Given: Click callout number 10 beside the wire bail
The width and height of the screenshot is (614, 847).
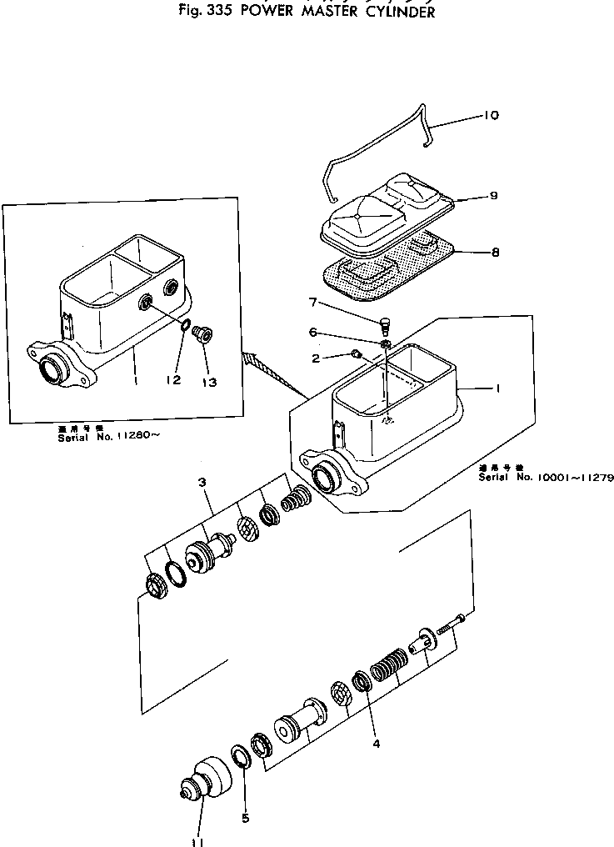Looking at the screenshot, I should coord(490,116).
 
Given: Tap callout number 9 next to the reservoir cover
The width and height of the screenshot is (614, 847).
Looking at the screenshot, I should coord(493,196).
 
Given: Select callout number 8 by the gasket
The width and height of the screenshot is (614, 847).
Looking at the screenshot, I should coord(494,252).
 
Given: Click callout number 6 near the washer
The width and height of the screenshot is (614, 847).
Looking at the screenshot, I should coord(313,331).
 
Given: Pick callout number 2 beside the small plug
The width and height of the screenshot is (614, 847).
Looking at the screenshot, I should coord(316,358).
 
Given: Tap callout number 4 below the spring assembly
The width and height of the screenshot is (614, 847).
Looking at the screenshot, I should coord(376,743).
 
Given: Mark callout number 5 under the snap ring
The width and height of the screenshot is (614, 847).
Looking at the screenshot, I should coord(245,818).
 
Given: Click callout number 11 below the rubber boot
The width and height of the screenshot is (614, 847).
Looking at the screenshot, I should coord(197,840).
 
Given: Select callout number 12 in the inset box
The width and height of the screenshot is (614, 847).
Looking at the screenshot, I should coord(172,381).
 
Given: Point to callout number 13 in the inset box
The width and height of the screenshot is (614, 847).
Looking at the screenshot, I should coord(208,383).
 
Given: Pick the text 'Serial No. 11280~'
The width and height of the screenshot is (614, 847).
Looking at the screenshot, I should coord(107,436).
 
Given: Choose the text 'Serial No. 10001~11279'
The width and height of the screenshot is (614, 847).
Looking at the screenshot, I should coord(546,478).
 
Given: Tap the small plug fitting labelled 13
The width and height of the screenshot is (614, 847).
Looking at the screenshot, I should coord(202,334).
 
